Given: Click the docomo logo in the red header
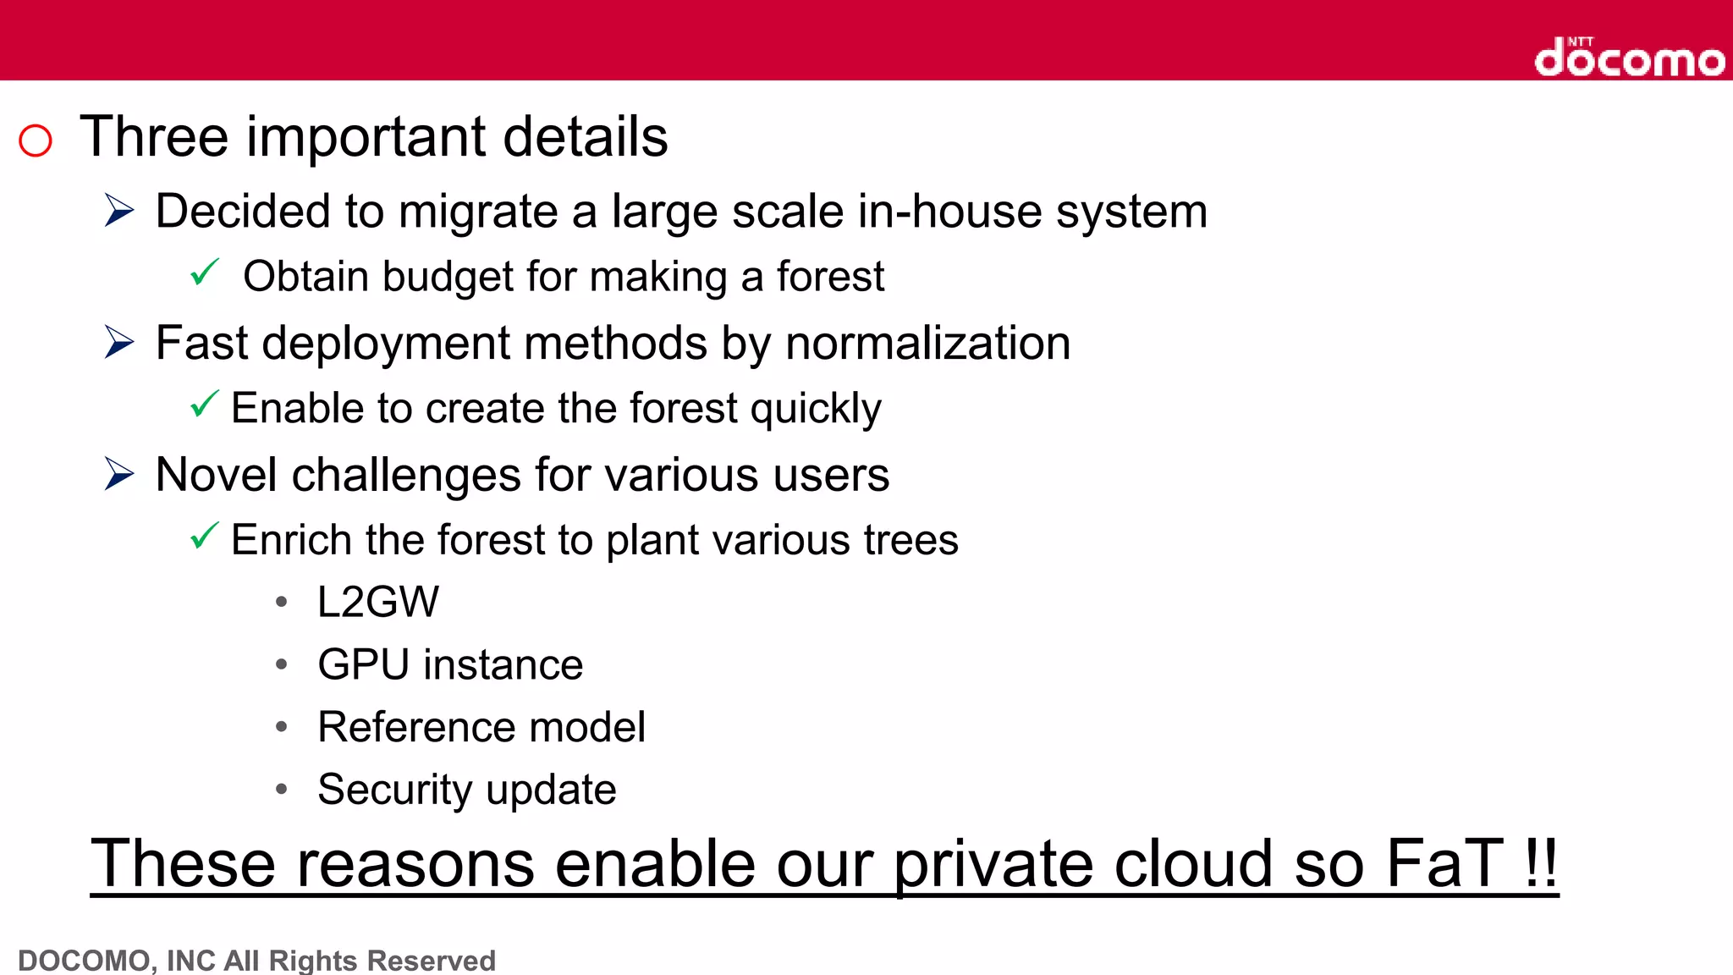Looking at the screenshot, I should tap(1629, 58).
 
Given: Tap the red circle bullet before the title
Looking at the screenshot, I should tap(36, 140).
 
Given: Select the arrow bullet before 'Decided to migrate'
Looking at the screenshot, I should tap(119, 210).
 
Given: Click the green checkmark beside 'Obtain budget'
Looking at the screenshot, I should tap(205, 273).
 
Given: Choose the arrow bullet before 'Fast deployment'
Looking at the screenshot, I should tap(119, 342).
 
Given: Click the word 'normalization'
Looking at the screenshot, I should tap(927, 343).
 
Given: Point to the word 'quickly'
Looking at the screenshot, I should tap(816, 410).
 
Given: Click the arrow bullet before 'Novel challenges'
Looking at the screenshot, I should tap(119, 474).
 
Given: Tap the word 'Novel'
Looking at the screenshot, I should tap(217, 475).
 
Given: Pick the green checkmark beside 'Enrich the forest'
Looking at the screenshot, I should tap(205, 536).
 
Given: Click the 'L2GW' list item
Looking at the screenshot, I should tap(378, 603).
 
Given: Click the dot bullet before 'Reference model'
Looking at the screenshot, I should tap(282, 727).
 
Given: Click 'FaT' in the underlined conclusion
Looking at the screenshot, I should tap(1444, 863).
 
